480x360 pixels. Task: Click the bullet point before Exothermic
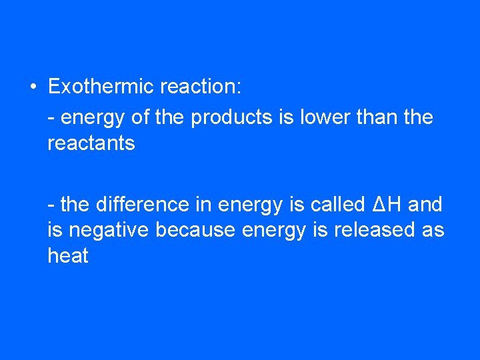pos(33,87)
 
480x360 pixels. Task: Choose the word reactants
pos(91,143)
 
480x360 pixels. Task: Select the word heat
pos(68,255)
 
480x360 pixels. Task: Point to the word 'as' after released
pos(433,231)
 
